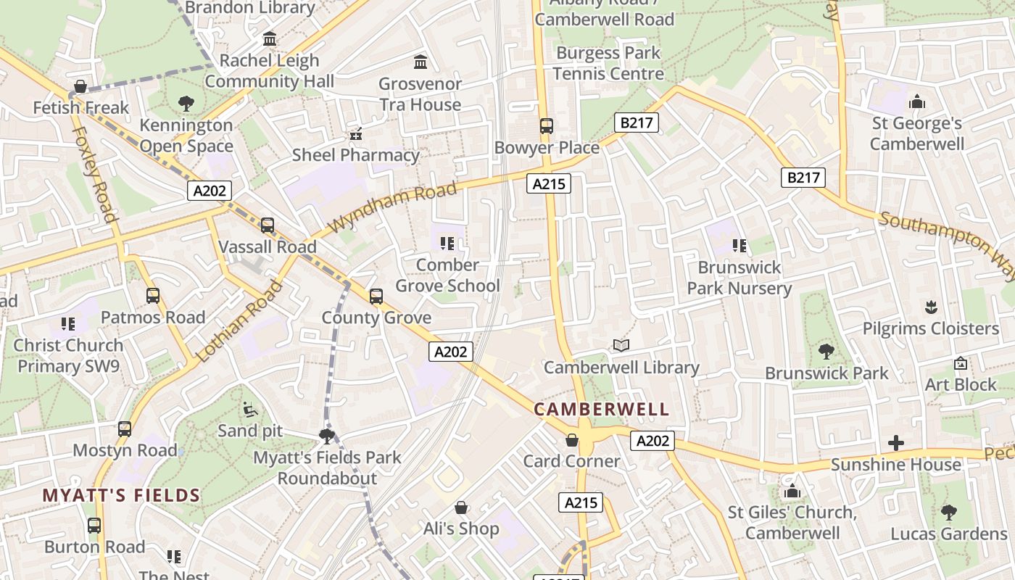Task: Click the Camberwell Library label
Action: [621, 368]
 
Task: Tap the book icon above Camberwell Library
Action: [621, 345]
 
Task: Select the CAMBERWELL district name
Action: [602, 409]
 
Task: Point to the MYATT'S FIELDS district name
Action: [121, 496]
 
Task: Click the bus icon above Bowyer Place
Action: [547, 126]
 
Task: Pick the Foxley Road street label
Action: [96, 174]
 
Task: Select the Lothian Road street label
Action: [239, 321]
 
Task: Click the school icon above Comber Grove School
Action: [447, 243]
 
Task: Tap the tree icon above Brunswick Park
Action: [826, 352]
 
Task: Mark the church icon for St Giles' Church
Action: [792, 491]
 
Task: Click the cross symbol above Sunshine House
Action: [896, 442]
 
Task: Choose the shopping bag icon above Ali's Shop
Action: [461, 507]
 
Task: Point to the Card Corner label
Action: [572, 461]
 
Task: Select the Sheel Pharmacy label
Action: [356, 155]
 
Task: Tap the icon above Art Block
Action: [961, 362]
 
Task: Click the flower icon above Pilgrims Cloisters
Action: [931, 307]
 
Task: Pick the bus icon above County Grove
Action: [376, 296]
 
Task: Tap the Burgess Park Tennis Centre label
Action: [608, 63]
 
